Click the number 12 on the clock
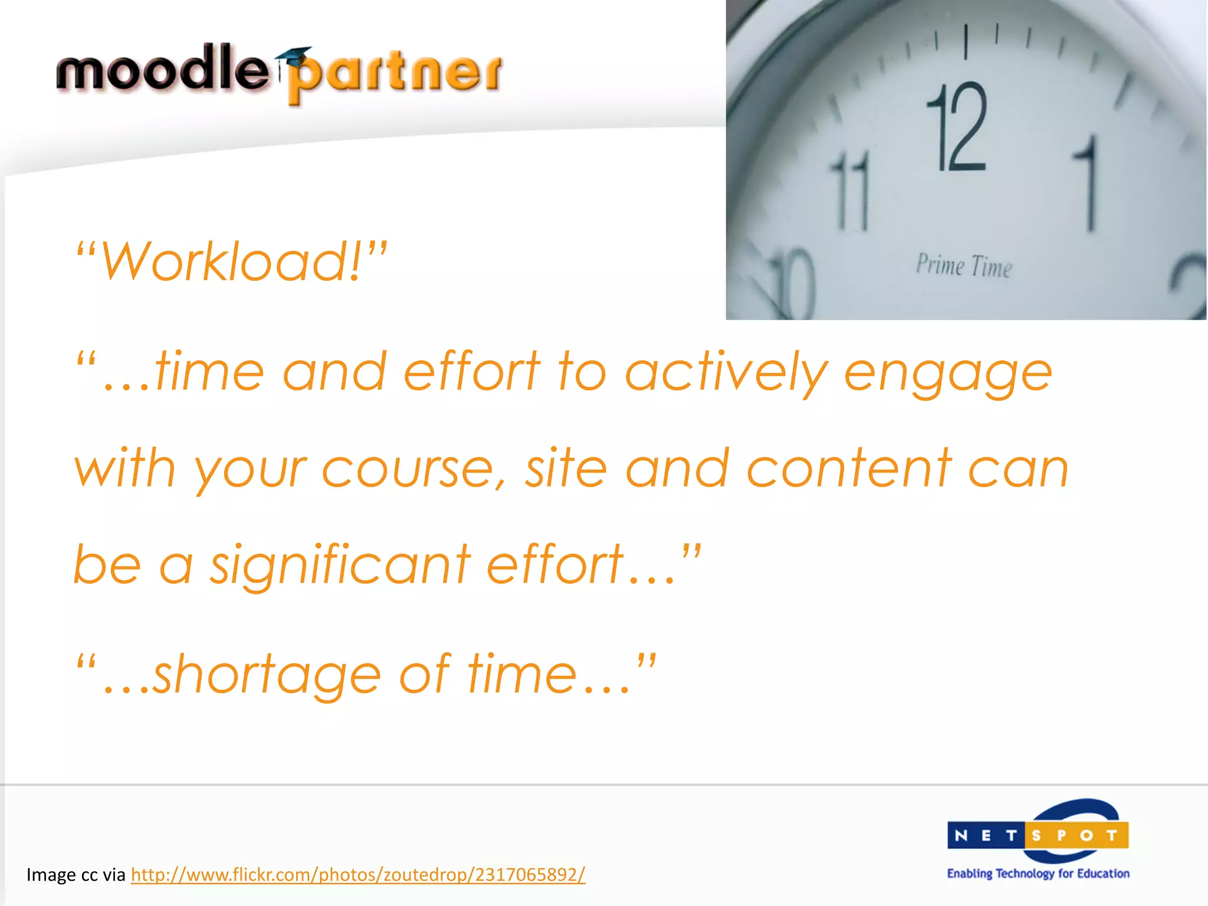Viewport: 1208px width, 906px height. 957,127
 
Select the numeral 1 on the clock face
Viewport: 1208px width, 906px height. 1088,183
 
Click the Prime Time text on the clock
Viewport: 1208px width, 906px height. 964,266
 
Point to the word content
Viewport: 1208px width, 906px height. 849,469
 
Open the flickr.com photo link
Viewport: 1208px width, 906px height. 358,874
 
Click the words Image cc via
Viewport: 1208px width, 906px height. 76,875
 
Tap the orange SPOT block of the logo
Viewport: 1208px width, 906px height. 1077,835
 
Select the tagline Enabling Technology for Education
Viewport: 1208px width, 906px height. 1038,874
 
